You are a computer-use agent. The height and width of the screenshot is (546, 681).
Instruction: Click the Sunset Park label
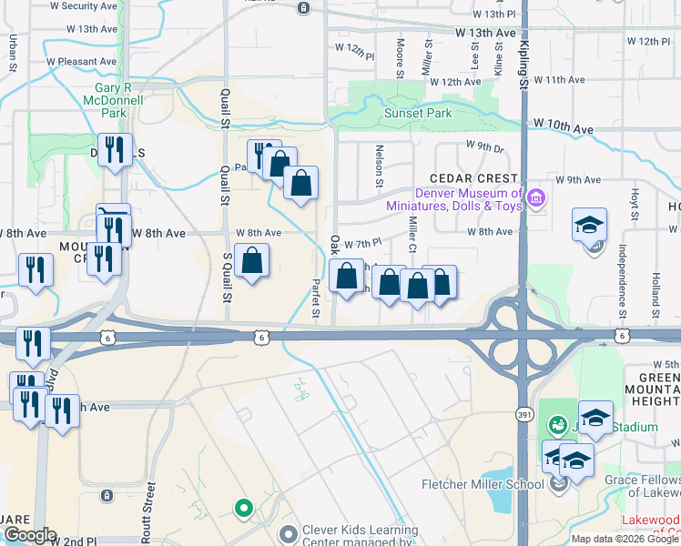418,113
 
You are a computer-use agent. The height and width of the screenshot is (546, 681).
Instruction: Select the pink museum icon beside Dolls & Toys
536,198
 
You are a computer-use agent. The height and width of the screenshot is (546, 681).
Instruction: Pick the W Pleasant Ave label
83,61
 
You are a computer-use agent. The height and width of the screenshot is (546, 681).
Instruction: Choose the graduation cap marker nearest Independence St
589,225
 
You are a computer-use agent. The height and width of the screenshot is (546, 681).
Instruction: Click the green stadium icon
556,425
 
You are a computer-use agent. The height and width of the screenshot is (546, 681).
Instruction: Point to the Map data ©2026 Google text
624,539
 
